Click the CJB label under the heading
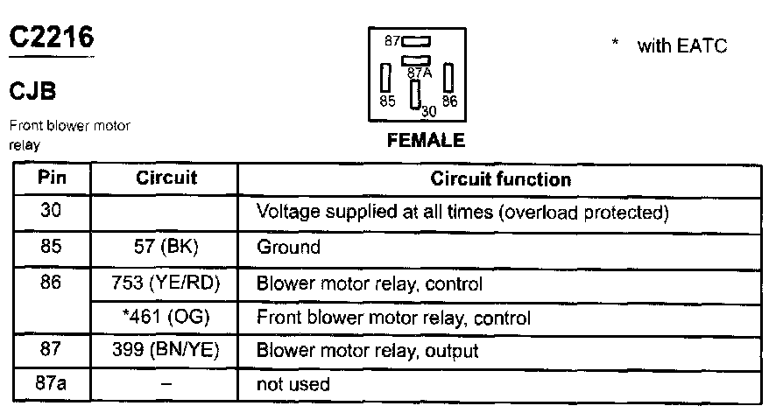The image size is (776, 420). point(33,92)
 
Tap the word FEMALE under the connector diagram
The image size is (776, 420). point(426,140)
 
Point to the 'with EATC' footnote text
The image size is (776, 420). point(682,46)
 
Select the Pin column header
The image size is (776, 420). point(52,178)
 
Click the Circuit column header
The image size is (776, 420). point(166,178)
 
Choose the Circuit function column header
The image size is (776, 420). point(500,179)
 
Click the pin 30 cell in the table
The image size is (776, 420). point(52,211)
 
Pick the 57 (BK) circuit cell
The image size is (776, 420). point(166,247)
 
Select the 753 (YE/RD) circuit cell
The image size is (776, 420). point(166,283)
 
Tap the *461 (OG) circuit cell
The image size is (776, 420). point(166,317)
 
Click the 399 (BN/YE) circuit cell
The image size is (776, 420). point(166,351)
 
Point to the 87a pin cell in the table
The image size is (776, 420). point(52,383)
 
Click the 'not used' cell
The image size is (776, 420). point(293,384)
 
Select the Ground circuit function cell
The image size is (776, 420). point(288,247)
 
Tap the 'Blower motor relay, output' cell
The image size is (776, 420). point(367,351)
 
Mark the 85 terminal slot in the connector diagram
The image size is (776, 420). point(384,78)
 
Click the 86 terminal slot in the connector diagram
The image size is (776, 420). point(448,78)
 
